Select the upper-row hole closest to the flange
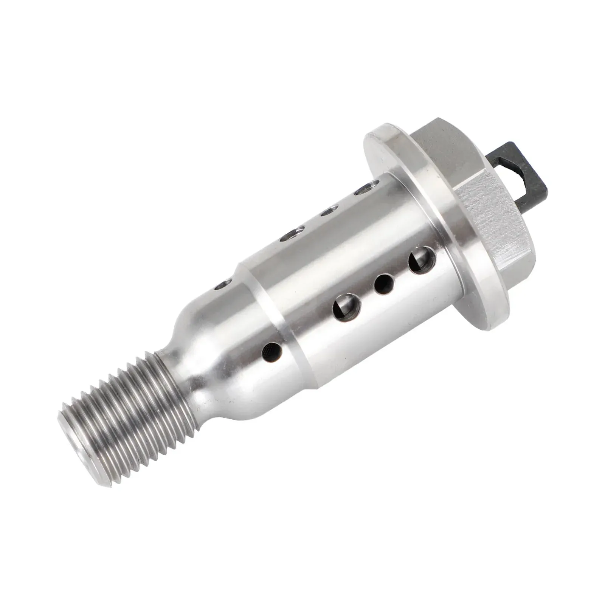365,189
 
